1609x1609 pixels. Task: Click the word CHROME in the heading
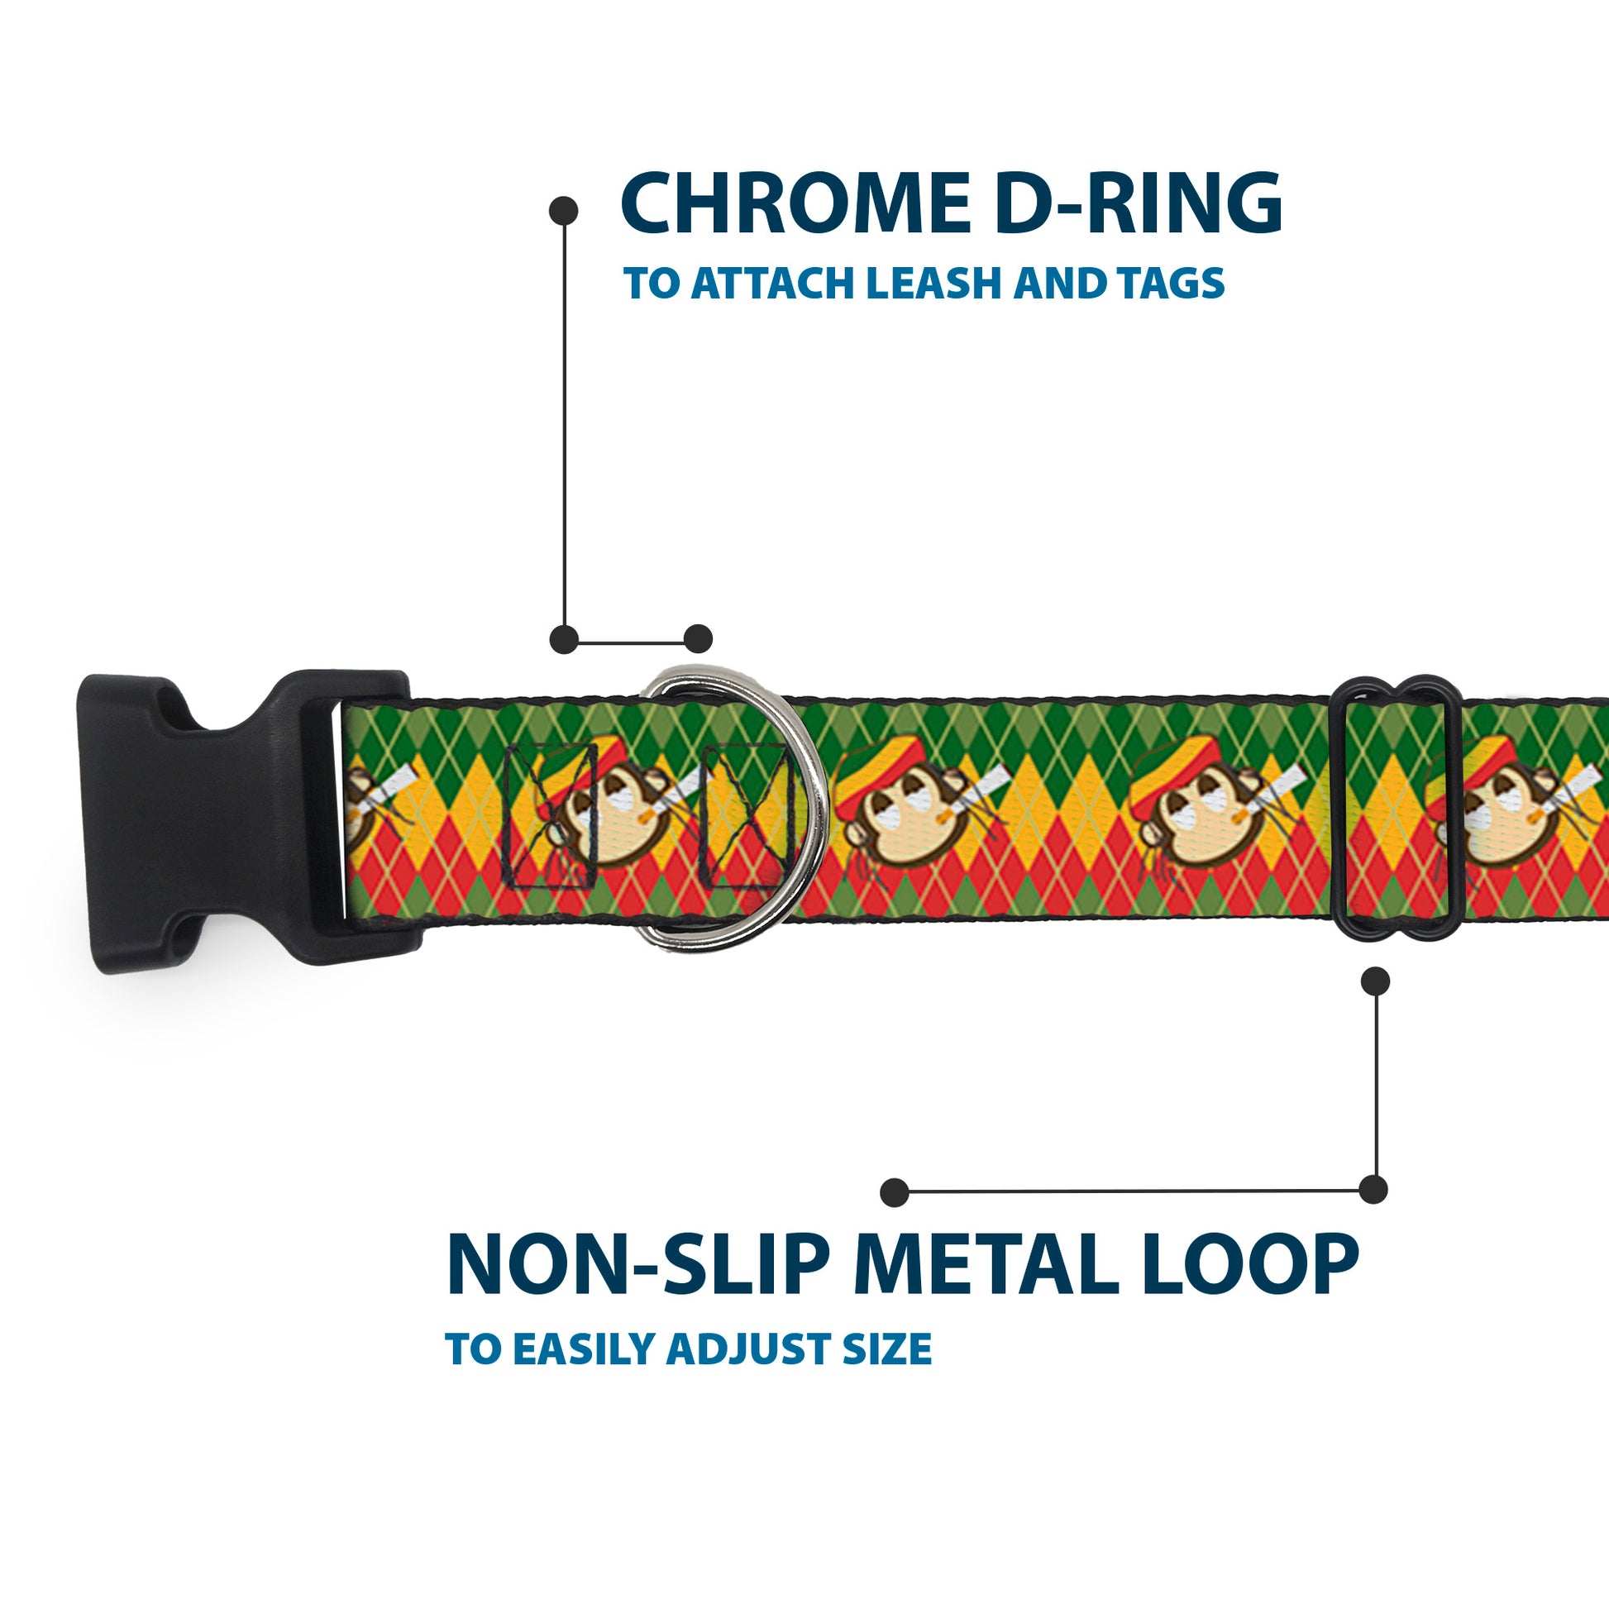795,205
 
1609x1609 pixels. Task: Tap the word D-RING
1138,205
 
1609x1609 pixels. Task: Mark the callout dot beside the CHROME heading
564,211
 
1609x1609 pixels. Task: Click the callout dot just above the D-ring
698,639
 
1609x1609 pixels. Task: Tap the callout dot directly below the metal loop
1375,981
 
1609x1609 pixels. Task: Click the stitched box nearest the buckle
551,816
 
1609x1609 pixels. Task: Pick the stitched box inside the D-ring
747,816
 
